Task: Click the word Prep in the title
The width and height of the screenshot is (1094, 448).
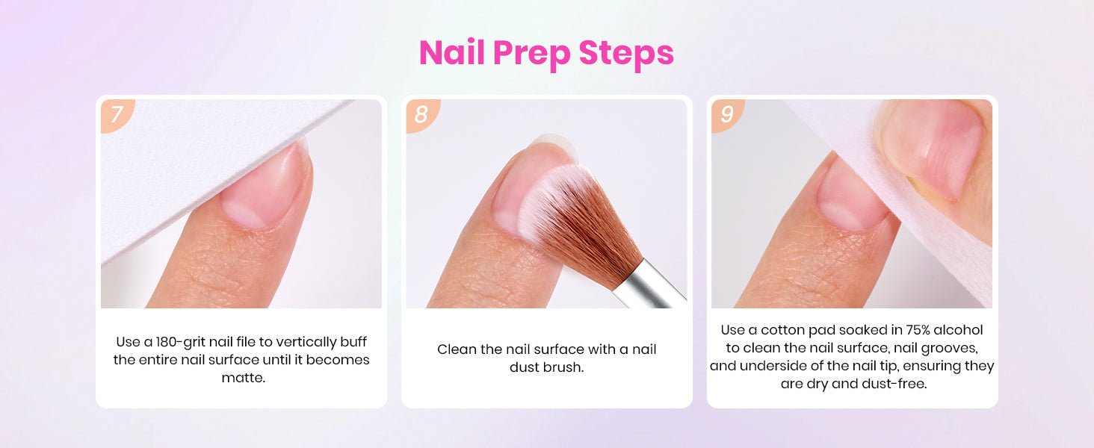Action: click(532, 54)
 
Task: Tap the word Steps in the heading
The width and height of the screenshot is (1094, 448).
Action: click(627, 53)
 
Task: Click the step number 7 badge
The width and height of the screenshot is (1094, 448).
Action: click(117, 114)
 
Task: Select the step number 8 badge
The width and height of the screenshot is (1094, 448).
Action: click(421, 114)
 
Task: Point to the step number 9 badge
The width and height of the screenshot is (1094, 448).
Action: click(726, 114)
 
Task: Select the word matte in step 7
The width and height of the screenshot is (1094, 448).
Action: click(242, 378)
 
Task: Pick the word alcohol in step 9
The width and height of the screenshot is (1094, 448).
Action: click(958, 330)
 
